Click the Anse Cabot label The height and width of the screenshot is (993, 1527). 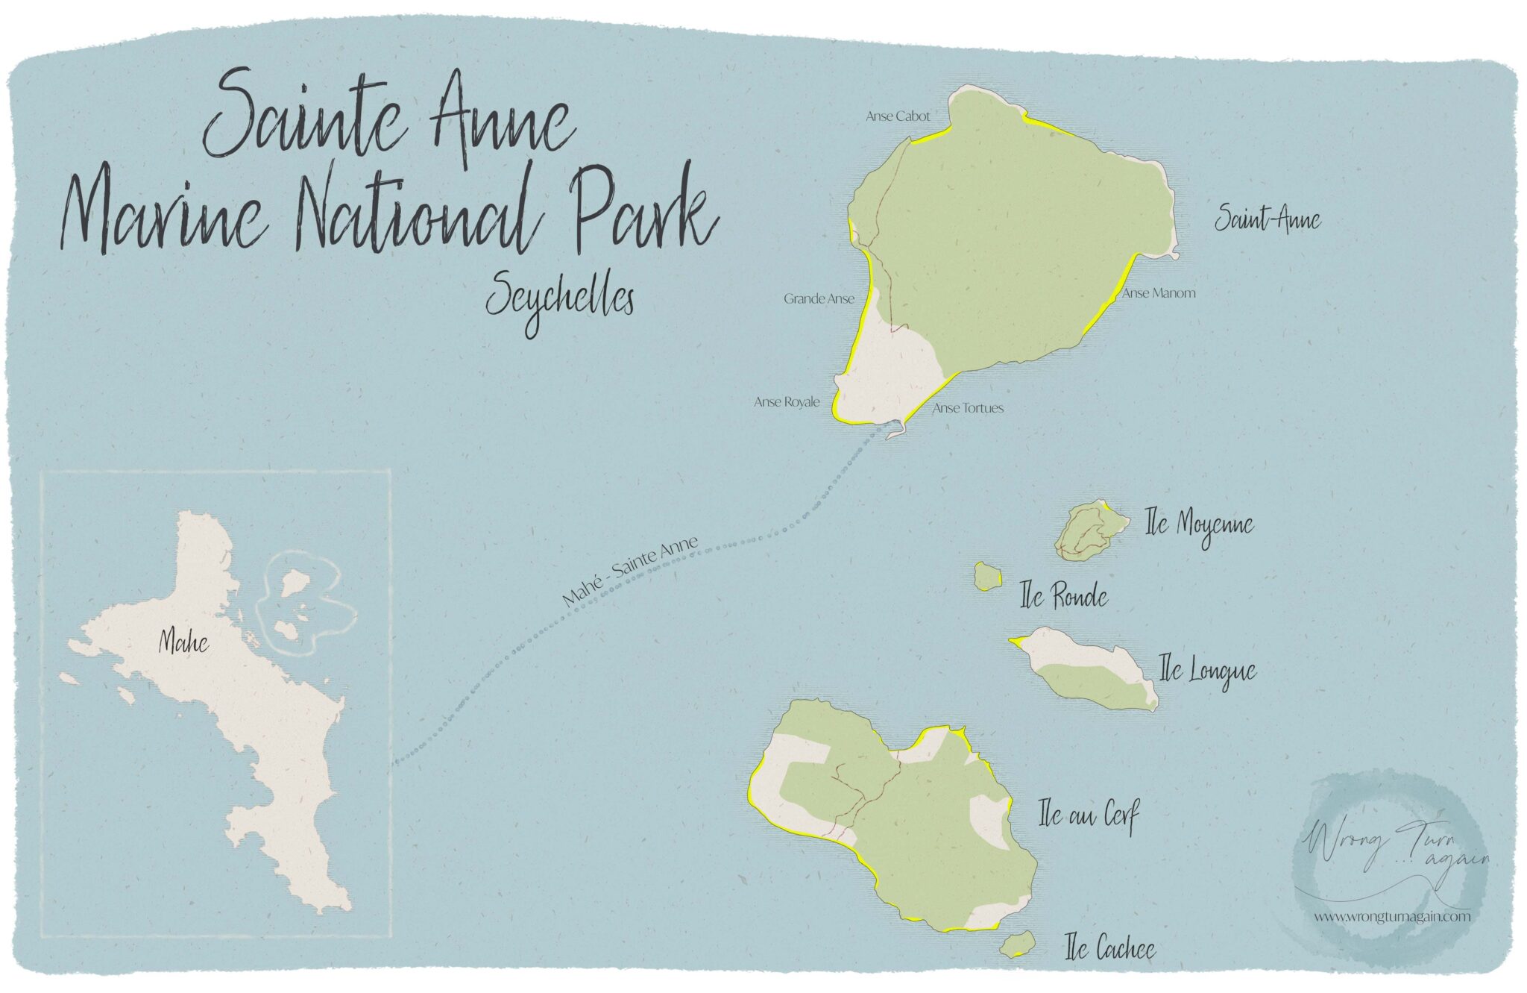pyautogui.click(x=898, y=116)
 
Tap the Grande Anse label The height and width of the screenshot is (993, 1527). pyautogui.click(x=819, y=299)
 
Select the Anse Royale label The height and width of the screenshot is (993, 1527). pyautogui.click(x=787, y=402)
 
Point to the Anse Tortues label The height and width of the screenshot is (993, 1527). pyautogui.click(x=968, y=408)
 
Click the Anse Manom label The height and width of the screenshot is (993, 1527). pyautogui.click(x=1159, y=293)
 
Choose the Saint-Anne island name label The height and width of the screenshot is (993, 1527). pyautogui.click(x=1268, y=220)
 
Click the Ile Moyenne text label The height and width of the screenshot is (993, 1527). pyautogui.click(x=1199, y=525)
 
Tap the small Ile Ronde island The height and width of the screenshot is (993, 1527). pyautogui.click(x=987, y=576)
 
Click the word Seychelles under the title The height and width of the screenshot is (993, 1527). pyautogui.click(x=560, y=300)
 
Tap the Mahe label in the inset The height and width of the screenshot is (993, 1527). pyautogui.click(x=183, y=643)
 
